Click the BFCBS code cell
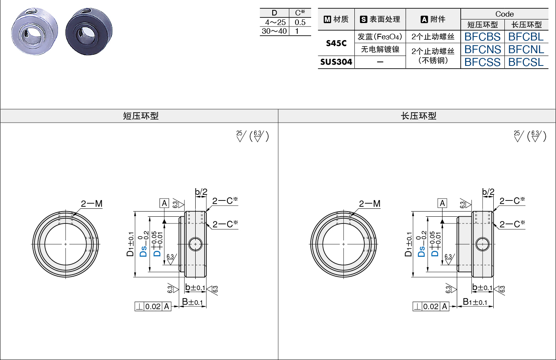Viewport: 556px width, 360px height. tap(482, 37)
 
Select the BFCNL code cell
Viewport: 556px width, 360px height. tap(526, 49)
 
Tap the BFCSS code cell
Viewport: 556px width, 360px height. tap(482, 62)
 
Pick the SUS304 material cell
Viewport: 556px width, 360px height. tap(336, 62)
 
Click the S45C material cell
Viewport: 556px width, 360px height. tap(336, 43)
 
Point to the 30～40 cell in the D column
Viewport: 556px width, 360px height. tap(274, 31)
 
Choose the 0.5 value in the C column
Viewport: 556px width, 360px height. tap(300, 22)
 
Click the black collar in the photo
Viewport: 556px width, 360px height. tap(89, 31)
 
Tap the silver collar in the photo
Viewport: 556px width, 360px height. tap(35, 31)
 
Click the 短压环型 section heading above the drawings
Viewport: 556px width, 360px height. tap(141, 116)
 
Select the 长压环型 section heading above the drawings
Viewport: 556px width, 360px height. tap(419, 116)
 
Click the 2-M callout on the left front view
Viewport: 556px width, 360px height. tap(92, 204)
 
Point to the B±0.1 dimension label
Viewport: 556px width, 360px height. tap(192, 302)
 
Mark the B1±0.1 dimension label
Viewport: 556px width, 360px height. tap(475, 302)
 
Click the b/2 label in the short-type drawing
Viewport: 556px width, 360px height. tap(201, 192)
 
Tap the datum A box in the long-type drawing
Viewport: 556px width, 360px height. tap(442, 203)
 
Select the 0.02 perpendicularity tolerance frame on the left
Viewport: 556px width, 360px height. tap(153, 306)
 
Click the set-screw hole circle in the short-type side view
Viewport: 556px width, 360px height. tap(195, 244)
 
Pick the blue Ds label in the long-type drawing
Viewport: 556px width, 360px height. tap(421, 250)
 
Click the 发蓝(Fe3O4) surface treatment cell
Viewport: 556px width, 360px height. tap(380, 37)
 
